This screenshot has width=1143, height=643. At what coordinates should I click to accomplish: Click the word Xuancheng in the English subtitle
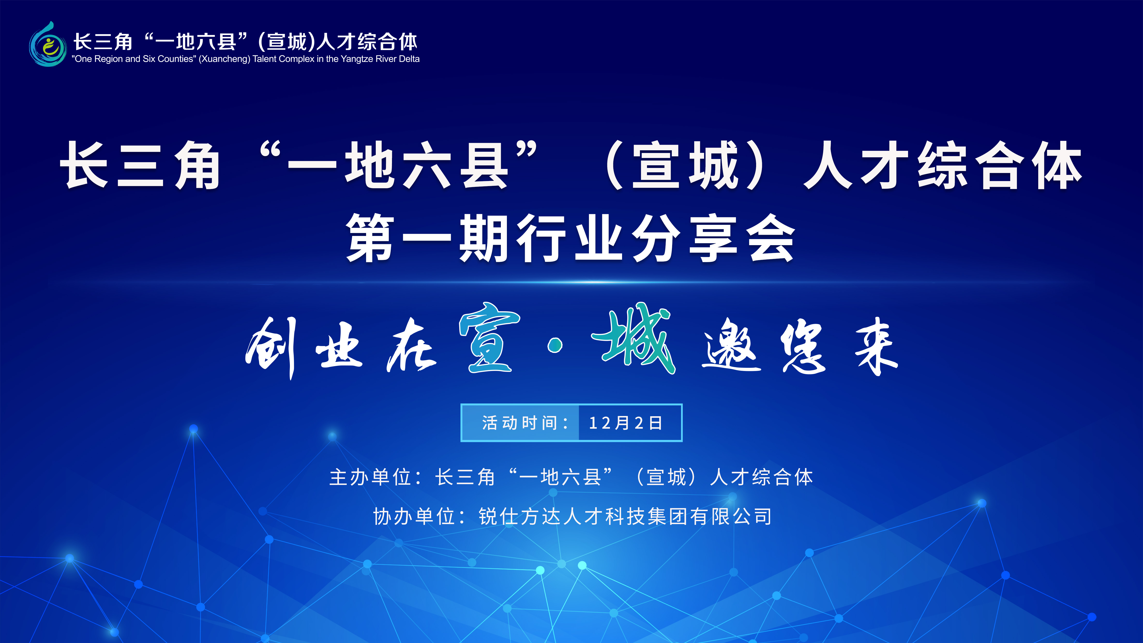(x=225, y=59)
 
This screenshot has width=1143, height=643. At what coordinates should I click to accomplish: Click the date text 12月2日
(x=626, y=423)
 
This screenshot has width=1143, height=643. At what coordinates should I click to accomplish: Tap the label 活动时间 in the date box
(x=519, y=423)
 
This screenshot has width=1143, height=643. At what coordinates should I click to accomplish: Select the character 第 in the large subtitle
(x=370, y=237)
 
